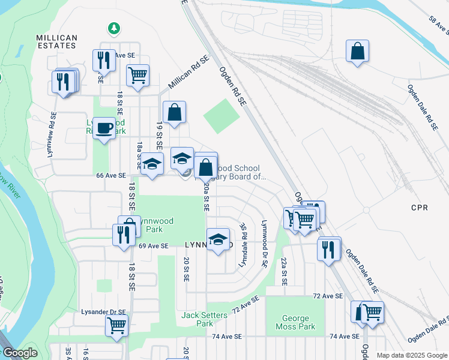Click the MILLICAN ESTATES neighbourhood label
(x=57, y=41)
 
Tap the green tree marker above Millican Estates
(x=113, y=28)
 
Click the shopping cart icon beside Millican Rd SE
(x=137, y=76)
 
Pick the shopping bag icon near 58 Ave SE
(x=357, y=52)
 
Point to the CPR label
(x=418, y=208)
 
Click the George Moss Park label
(x=295, y=323)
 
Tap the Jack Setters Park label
(x=204, y=319)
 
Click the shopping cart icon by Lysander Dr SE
(x=116, y=326)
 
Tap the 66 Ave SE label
(x=110, y=176)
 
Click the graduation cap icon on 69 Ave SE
(x=218, y=240)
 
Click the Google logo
(x=20, y=353)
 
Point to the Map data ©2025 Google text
(x=411, y=355)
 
